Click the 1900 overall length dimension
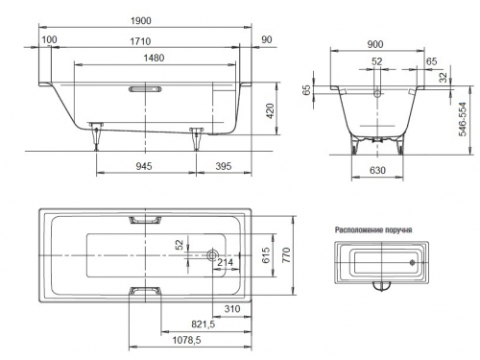coord(141,21)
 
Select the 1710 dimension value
coord(140,41)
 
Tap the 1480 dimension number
coord(154,58)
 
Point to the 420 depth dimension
coord(271,111)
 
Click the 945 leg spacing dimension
coord(144,166)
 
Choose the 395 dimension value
coord(224,166)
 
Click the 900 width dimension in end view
coord(375,44)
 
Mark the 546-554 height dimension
coord(463,119)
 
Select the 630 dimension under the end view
coord(377,170)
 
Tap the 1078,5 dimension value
coord(187,340)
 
